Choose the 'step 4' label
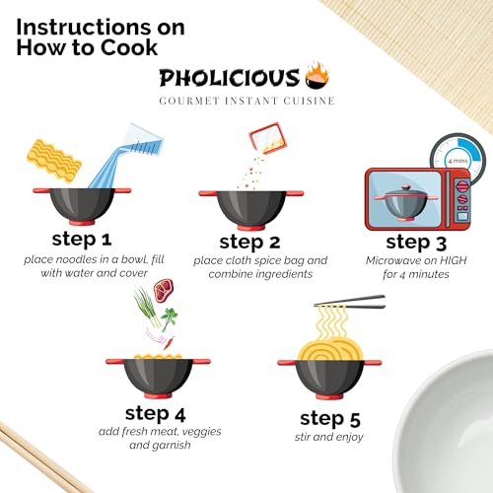point(163,412)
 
